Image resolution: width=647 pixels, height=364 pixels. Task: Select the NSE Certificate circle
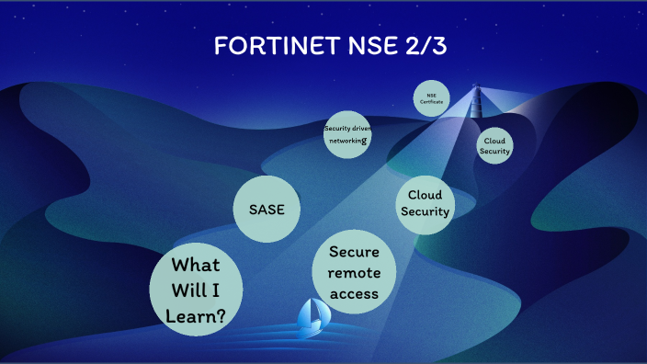(x=432, y=97)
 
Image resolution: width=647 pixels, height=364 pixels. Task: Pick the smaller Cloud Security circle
(x=494, y=145)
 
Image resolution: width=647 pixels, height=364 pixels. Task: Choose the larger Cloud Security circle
(x=426, y=203)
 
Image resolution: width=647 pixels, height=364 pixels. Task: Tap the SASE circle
(x=267, y=210)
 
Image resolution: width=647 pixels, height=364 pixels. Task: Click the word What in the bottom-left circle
(x=197, y=266)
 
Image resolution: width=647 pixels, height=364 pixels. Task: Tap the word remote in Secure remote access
(x=354, y=273)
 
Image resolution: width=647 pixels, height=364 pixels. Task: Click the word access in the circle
(x=354, y=294)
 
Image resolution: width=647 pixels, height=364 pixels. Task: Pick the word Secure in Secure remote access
(x=354, y=252)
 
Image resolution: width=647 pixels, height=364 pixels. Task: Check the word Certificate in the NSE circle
(x=432, y=101)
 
